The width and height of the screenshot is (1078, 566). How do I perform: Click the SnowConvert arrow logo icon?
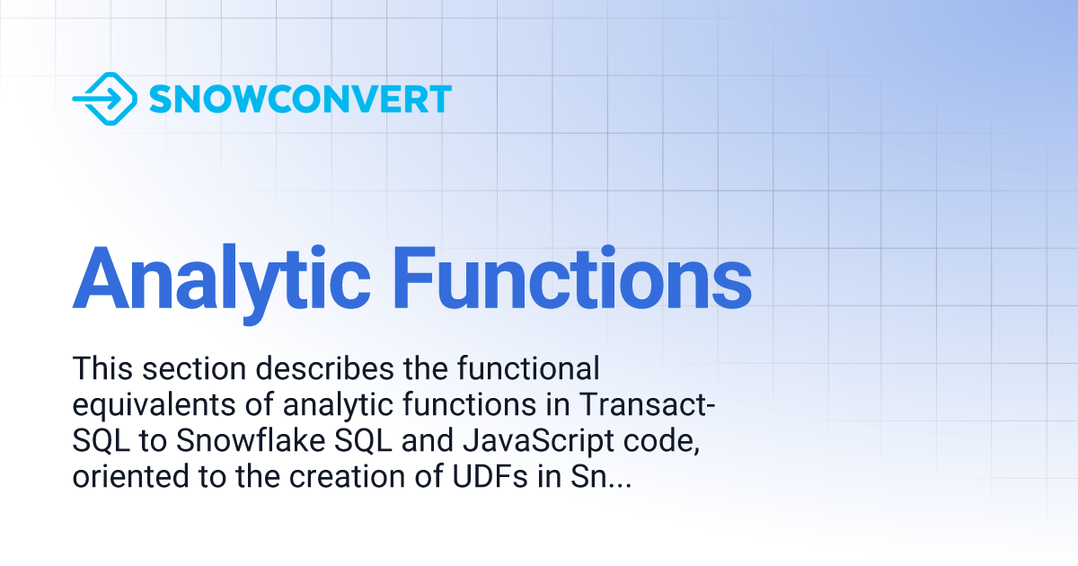coord(104,99)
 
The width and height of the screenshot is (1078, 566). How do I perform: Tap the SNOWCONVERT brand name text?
coord(300,100)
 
